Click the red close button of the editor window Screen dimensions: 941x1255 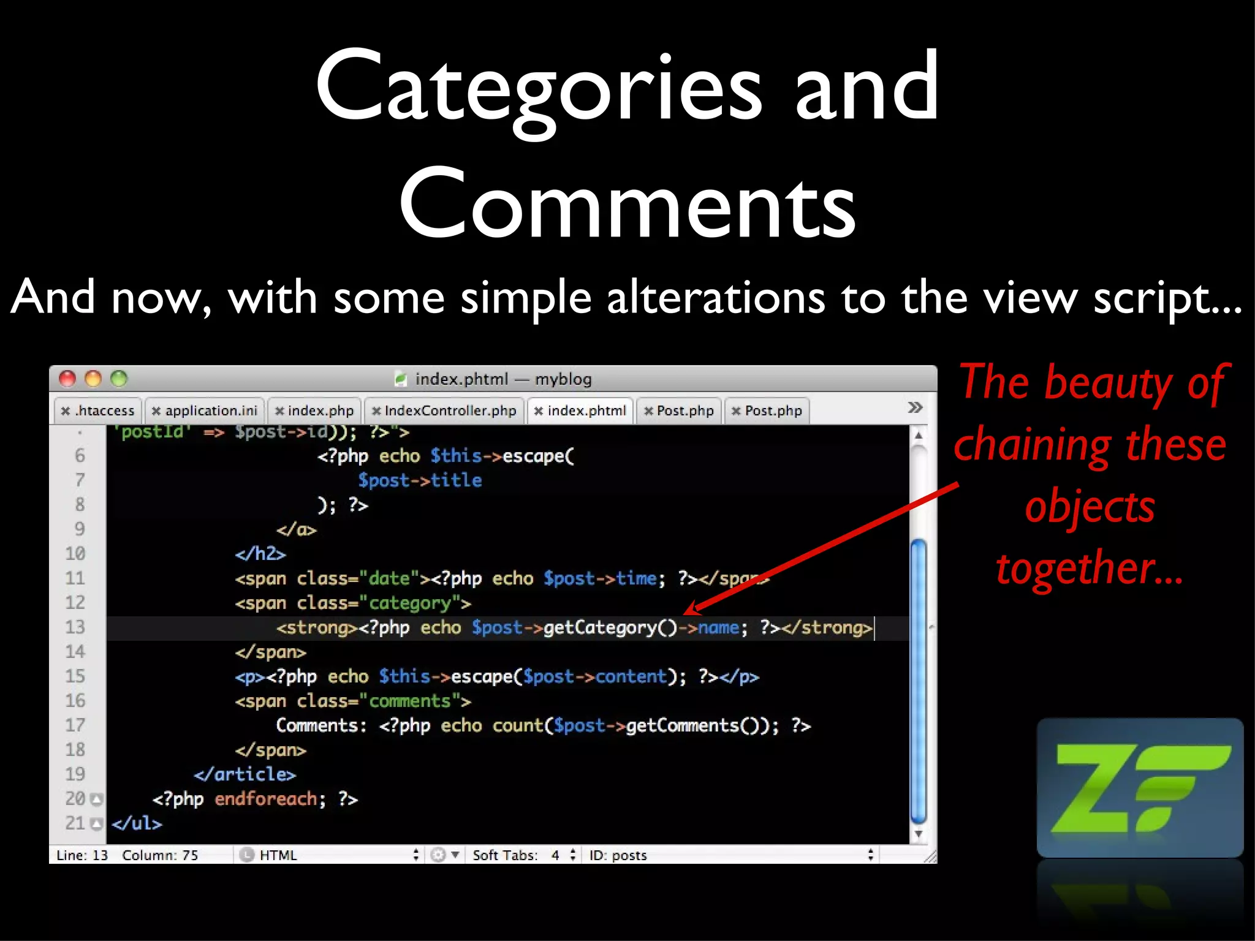click(67, 379)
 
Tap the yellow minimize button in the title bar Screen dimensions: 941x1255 click(93, 379)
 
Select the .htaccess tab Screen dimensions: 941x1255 click(98, 410)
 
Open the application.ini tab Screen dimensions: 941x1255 click(205, 410)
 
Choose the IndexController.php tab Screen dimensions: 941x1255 click(444, 410)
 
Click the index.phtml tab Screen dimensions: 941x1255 click(580, 410)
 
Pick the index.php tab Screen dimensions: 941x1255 click(315, 410)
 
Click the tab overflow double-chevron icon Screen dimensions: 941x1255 click(915, 408)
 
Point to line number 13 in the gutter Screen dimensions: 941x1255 click(75, 627)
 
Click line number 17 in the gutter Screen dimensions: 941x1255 click(75, 725)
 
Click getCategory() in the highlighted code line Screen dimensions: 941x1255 click(610, 628)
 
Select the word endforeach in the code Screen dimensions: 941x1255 click(266, 799)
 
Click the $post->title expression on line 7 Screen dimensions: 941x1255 click(420, 480)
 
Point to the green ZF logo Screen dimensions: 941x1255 click(1140, 788)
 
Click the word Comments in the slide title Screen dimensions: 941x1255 click(627, 203)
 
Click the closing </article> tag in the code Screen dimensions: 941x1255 click(245, 775)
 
